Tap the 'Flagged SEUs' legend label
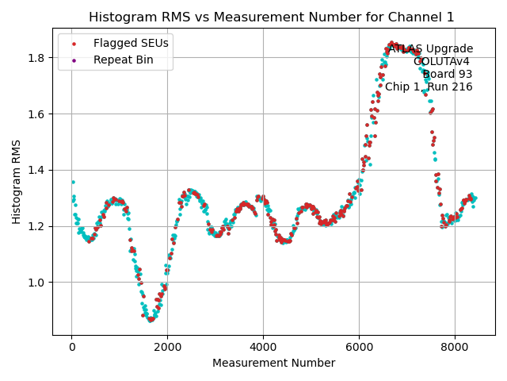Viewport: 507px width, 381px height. pyautogui.click(x=131, y=43)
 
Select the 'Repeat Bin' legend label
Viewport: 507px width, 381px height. pyautogui.click(x=124, y=60)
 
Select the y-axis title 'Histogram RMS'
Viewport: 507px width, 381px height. pyautogui.click(x=17, y=182)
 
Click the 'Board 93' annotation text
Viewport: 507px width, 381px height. pyautogui.click(x=448, y=75)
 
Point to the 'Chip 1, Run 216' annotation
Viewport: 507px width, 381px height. pyautogui.click(x=429, y=87)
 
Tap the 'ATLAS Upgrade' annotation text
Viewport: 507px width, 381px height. pyautogui.click(x=430, y=49)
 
